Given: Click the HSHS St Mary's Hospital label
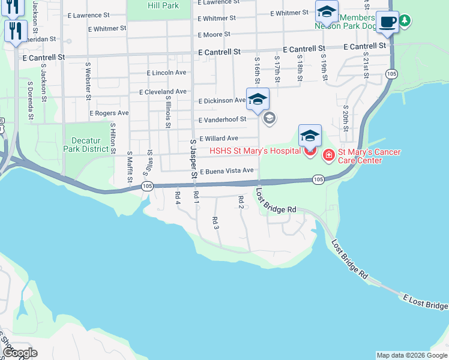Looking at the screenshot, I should [x=255, y=150].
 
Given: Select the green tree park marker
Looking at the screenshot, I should [x=405, y=21].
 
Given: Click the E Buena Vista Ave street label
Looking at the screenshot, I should [x=227, y=171].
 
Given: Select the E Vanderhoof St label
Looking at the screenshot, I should [x=222, y=119].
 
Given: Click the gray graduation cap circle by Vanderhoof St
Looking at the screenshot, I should [x=270, y=117].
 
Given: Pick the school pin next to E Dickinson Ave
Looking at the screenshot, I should [x=258, y=99].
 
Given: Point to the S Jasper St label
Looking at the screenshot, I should [x=193, y=160].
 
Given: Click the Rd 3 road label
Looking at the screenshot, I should [x=215, y=223].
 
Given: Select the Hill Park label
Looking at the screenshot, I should [x=163, y=5].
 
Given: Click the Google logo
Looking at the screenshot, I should [x=19, y=353].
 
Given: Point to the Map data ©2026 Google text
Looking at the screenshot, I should [x=412, y=355].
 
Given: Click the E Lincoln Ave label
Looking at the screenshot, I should [x=166, y=73].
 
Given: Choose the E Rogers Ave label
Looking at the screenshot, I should [x=109, y=113].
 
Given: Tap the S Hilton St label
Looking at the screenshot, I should [x=112, y=137].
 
